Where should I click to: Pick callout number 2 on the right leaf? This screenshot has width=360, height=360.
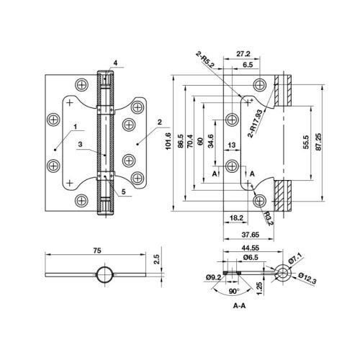point(158,122)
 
